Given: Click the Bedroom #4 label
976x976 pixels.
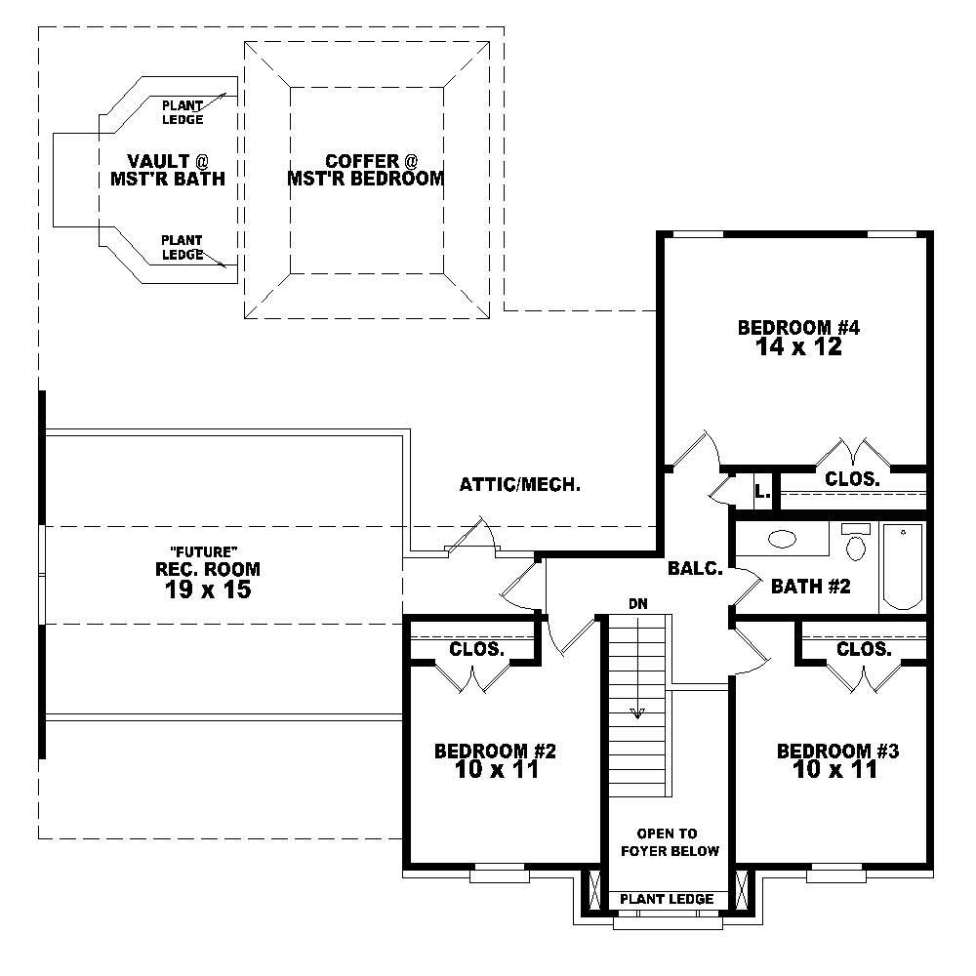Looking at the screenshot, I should [x=797, y=328].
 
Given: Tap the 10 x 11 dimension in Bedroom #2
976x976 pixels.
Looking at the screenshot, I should [x=496, y=770].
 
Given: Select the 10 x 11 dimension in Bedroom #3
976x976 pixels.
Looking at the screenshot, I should [x=837, y=770].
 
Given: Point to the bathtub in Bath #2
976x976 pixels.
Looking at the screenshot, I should [x=904, y=566].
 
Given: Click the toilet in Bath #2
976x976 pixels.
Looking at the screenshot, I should [x=856, y=543].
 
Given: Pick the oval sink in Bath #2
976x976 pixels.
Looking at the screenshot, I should [x=782, y=539].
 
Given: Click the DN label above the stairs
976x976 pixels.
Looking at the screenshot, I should [x=637, y=603].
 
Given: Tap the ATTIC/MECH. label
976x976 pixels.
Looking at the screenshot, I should [x=520, y=484].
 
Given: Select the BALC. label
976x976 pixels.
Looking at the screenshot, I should [x=695, y=568].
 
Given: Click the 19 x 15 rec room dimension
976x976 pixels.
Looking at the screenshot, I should [x=208, y=589].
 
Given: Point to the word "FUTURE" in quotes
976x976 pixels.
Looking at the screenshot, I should [x=208, y=551].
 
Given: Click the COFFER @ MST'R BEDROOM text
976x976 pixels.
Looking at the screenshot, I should [x=366, y=170].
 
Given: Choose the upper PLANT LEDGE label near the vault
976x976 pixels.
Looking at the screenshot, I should [x=183, y=112].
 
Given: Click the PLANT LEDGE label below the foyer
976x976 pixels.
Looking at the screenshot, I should [x=668, y=899].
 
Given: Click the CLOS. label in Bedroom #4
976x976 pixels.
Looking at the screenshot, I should [x=852, y=479].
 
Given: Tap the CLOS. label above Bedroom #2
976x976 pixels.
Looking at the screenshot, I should [x=476, y=649].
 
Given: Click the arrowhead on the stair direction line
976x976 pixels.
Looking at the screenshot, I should [x=637, y=712].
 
